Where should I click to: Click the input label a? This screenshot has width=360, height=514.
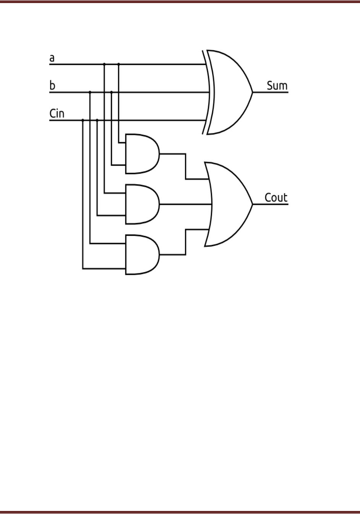[52, 58]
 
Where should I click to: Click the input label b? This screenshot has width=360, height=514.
[52, 85]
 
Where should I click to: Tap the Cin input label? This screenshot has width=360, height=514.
[57, 114]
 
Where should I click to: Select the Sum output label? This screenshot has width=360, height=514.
[277, 86]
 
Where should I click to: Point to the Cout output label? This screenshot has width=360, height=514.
[276, 198]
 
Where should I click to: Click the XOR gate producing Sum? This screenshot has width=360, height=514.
[229, 92]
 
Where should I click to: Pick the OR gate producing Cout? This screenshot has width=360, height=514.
[229, 204]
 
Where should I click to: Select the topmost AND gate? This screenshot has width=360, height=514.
[141, 154]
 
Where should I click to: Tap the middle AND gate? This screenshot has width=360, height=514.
[141, 204]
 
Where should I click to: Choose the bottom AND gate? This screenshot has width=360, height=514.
[141, 255]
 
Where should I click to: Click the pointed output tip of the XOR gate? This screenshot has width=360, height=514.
[252, 92]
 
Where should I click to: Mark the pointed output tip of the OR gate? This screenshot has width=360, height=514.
[252, 204]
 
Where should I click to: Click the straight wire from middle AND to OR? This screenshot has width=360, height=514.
[185, 204]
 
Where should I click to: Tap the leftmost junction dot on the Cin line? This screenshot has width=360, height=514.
[83, 120]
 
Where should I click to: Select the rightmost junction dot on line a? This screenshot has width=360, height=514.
[118, 64]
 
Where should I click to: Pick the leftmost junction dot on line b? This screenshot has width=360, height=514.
[90, 92]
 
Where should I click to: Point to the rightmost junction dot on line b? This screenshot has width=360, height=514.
[111, 92]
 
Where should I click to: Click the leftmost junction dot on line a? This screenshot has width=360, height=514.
[104, 64]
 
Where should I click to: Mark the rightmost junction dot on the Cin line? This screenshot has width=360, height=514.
[97, 120]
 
